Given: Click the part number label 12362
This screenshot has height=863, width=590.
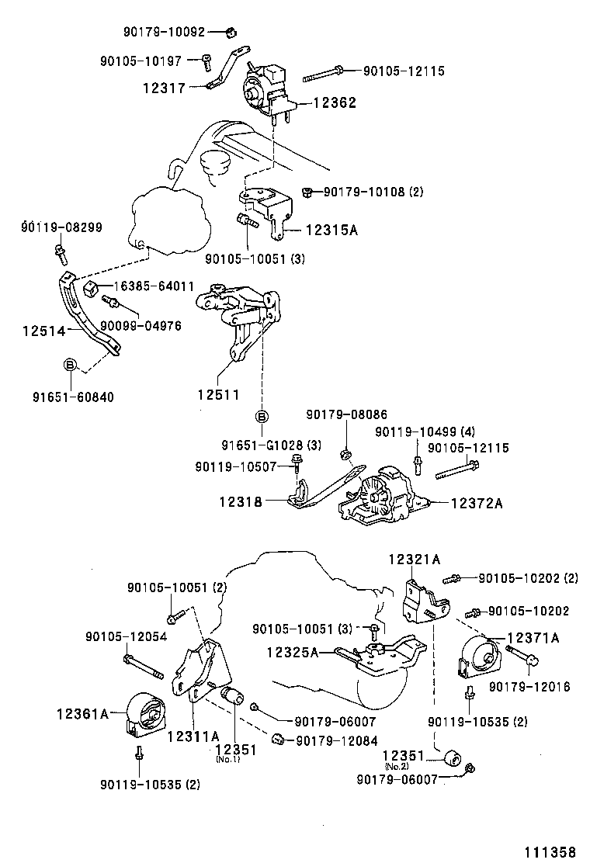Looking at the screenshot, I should [335, 102].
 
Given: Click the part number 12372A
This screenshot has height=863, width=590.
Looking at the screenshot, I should [477, 504].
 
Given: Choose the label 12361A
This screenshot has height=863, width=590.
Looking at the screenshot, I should [82, 711].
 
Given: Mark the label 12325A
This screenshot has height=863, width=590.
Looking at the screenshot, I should [293, 653].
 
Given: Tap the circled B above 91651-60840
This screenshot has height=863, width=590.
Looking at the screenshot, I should [70, 364].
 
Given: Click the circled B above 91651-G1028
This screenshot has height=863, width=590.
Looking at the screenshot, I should [262, 417].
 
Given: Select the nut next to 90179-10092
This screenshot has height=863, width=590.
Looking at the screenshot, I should [231, 32].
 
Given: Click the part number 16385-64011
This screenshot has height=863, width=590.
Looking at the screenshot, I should [155, 286].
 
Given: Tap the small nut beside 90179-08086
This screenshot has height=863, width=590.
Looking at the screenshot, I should [346, 452].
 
